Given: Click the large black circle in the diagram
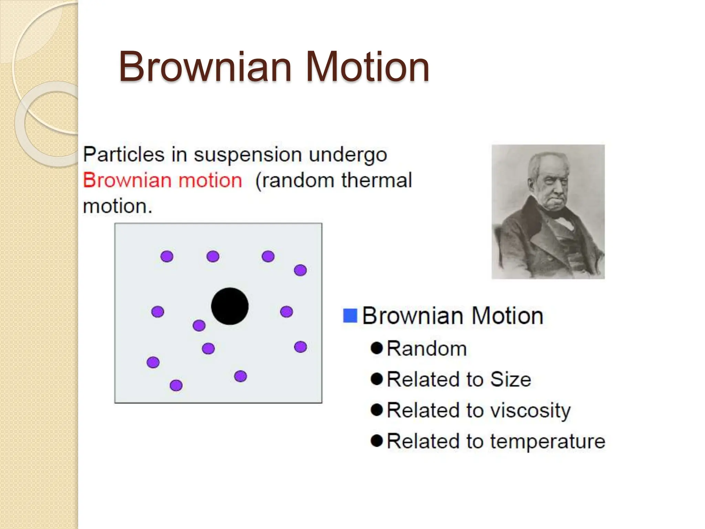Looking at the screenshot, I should coord(230,306).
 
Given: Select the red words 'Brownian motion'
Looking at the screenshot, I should coord(162,180).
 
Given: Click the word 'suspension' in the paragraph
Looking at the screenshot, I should coord(246,155).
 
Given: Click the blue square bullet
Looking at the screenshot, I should coord(350,315).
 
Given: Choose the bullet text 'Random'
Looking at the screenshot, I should coord(427,349).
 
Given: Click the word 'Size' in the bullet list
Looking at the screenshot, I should coord(511,379).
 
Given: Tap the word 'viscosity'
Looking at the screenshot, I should coord(530,411).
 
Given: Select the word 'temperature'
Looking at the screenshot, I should coord(547,441).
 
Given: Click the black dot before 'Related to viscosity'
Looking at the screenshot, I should coord(377,410).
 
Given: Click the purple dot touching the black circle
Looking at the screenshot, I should coord(199,325).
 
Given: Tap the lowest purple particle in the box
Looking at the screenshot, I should coord(176,385).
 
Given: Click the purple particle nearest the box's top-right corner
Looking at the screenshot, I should coord(300,270).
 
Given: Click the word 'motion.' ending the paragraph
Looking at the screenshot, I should coord(117,206).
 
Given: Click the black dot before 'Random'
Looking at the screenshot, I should coord(377,348).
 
